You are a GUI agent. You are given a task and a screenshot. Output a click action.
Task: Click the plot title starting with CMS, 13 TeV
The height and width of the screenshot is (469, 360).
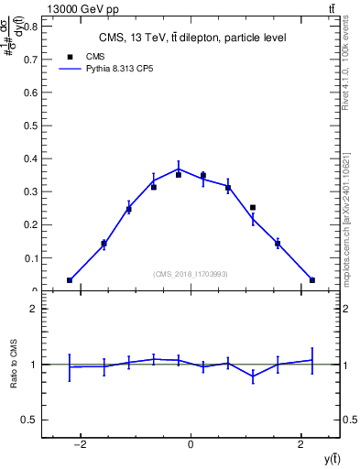(x=191, y=38)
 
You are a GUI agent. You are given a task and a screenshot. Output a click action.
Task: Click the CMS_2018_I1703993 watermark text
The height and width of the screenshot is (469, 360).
(x=191, y=274)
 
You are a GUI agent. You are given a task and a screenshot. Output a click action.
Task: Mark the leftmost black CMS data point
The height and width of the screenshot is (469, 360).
(x=70, y=280)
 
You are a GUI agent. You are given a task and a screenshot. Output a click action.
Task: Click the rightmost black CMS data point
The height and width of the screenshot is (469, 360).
(x=312, y=280)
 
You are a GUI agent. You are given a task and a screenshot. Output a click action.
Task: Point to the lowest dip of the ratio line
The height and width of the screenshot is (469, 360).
(x=253, y=376)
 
